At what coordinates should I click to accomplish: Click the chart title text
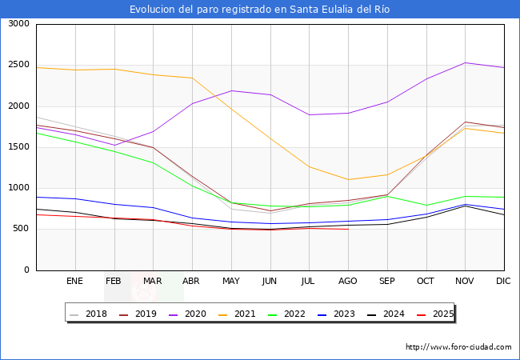click(260, 10)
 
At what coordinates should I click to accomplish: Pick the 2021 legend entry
click(238, 314)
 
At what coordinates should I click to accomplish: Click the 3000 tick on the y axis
click(17, 24)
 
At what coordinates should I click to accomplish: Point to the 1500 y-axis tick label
click(17, 147)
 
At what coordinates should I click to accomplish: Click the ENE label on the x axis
click(74, 281)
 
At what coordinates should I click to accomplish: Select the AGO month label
click(348, 281)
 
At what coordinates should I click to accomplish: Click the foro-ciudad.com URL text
click(458, 347)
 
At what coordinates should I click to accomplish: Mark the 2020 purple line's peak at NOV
click(466, 62)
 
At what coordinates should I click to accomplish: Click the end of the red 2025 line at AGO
click(348, 230)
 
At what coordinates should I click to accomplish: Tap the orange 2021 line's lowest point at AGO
click(348, 179)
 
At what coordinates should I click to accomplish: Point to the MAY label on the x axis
click(231, 281)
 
